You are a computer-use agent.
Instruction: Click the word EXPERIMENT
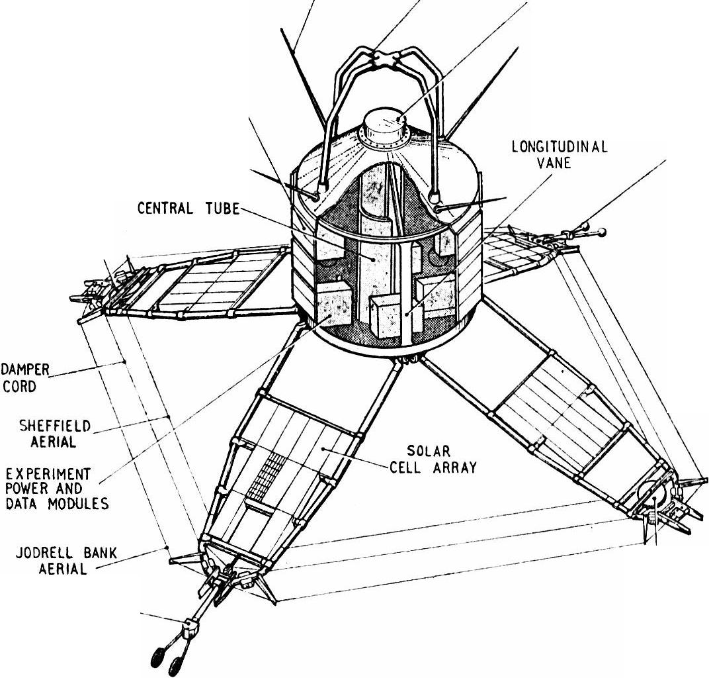(48, 474)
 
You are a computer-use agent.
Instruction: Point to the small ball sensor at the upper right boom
(601, 232)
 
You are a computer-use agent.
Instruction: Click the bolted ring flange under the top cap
(386, 140)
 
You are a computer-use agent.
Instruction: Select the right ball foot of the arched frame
(435, 196)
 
